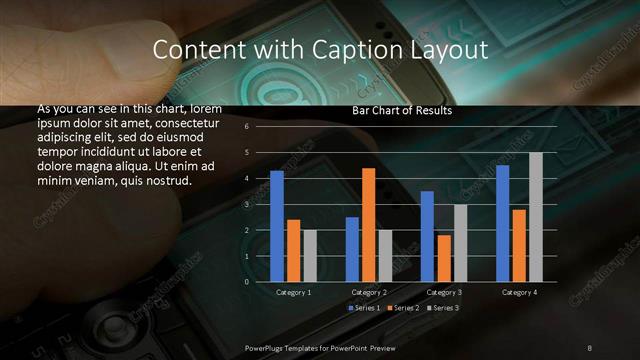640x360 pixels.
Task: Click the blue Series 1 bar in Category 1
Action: pos(277,226)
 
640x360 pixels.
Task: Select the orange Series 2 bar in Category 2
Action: pos(369,225)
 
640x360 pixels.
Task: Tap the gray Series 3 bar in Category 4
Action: pos(536,217)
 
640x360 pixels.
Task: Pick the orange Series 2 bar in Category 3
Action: pos(444,258)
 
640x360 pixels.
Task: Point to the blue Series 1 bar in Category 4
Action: pos(503,223)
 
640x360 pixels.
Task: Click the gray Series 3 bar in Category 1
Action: pos(310,256)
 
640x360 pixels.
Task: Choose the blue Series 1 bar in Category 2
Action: pos(352,249)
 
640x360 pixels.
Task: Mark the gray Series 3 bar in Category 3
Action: pos(461,243)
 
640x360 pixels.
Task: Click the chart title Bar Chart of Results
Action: pos(402,111)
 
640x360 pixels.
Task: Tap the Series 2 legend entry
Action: pos(403,308)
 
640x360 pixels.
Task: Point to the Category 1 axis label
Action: pos(294,292)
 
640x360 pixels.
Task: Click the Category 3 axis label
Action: pos(444,292)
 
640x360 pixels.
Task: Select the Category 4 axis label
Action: pos(519,292)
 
